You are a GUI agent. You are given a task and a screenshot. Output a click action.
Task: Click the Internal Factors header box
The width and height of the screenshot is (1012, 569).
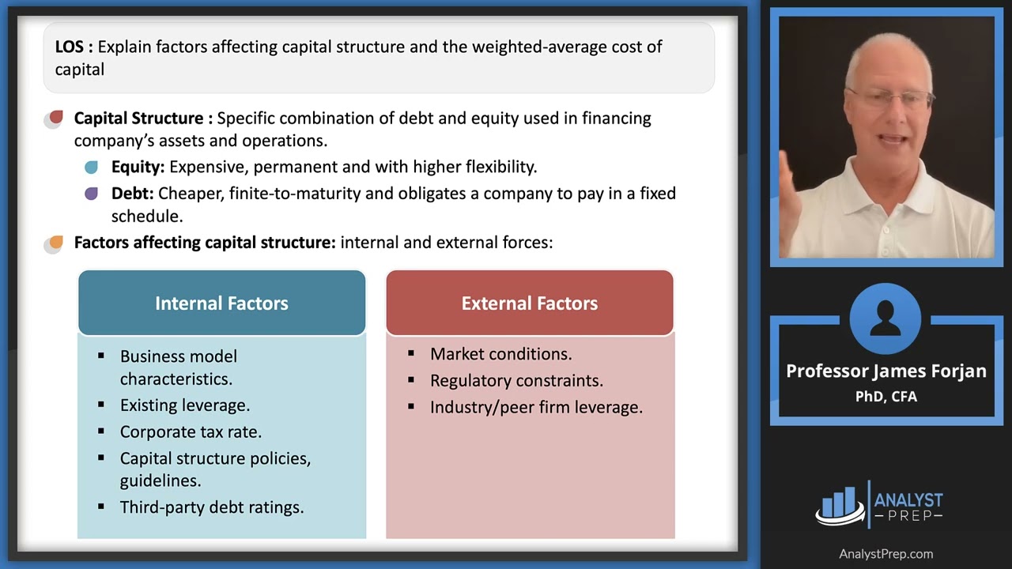click(x=221, y=303)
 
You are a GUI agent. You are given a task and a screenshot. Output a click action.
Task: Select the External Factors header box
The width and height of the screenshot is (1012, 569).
click(x=529, y=303)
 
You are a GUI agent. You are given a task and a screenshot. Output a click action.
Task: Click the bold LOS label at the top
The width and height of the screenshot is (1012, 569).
click(x=74, y=47)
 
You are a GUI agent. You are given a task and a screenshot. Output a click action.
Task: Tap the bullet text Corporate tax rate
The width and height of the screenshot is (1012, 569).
click(x=191, y=431)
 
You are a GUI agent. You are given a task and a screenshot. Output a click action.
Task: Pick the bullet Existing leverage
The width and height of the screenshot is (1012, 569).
click(x=184, y=405)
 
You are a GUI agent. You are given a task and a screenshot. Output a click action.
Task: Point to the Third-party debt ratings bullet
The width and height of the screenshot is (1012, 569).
click(x=211, y=507)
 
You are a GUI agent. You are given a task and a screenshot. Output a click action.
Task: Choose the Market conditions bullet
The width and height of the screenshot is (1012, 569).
click(x=500, y=354)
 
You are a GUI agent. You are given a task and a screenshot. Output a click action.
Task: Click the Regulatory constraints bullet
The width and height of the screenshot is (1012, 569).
click(x=516, y=380)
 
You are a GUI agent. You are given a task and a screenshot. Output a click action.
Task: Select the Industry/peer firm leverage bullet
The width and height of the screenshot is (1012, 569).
click(x=536, y=407)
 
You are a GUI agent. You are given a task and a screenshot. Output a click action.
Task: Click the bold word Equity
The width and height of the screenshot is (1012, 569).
click(x=138, y=167)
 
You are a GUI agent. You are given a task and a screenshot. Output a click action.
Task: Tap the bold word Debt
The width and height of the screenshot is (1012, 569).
click(x=132, y=194)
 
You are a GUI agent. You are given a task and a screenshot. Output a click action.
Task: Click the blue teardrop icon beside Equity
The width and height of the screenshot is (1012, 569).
click(x=92, y=167)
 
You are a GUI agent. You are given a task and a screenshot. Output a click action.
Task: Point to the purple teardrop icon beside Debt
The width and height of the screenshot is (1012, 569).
click(x=92, y=194)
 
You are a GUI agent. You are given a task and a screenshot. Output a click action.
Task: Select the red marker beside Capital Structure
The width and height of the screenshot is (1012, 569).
click(x=55, y=119)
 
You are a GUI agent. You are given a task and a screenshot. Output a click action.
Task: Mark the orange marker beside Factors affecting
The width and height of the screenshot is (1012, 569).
click(x=55, y=243)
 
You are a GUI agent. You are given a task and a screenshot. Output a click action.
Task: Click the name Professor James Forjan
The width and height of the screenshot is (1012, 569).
click(x=885, y=371)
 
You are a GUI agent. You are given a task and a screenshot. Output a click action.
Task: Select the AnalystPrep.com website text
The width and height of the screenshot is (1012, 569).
click(x=885, y=554)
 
